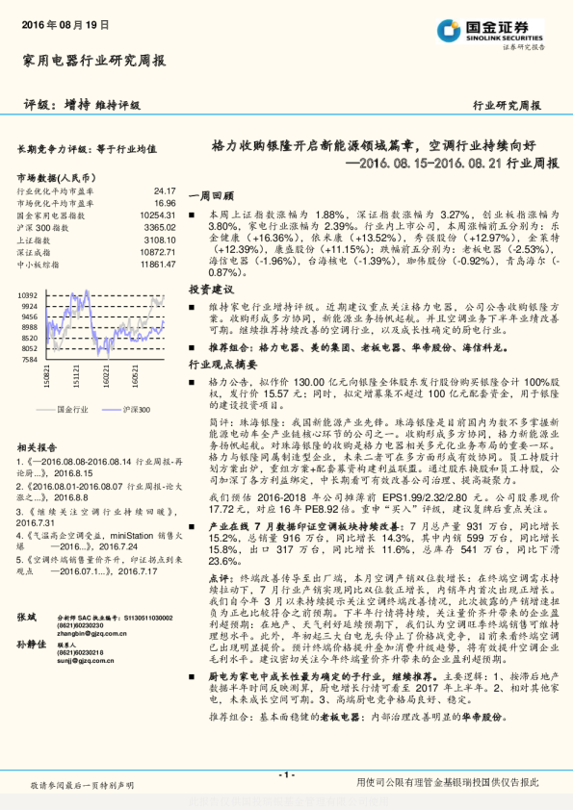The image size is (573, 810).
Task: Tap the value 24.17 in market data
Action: click(x=164, y=191)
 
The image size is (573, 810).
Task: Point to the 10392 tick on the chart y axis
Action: click(x=28, y=295)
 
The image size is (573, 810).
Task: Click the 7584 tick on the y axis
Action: click(x=30, y=359)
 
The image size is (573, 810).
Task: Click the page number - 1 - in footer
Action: click(x=286, y=775)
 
